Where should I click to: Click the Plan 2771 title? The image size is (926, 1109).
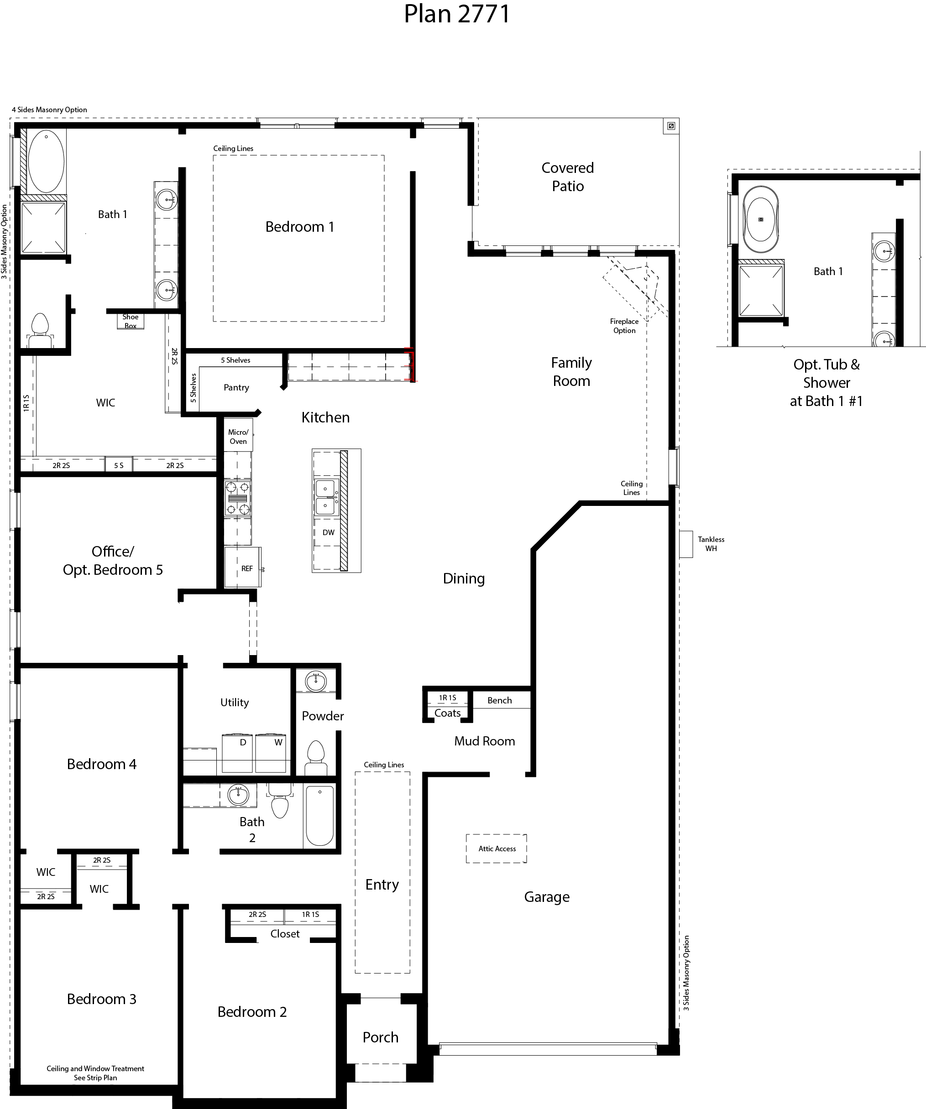(x=457, y=14)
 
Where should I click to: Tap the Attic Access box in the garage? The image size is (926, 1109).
(x=497, y=849)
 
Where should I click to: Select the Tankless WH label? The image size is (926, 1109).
(x=711, y=544)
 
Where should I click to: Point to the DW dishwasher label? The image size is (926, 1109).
(x=328, y=532)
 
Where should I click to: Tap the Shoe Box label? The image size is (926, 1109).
(x=131, y=321)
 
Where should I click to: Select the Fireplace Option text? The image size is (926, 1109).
(x=624, y=326)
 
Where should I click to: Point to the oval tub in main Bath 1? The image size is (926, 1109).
(x=46, y=161)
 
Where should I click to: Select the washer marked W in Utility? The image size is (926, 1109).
(x=272, y=753)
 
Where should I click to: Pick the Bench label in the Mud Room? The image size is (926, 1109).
(x=499, y=700)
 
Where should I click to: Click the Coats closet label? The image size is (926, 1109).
(x=447, y=713)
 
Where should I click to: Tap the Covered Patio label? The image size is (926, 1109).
(x=567, y=177)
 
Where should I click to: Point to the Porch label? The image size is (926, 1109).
(x=380, y=1037)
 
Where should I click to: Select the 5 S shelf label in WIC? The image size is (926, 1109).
(x=119, y=465)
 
